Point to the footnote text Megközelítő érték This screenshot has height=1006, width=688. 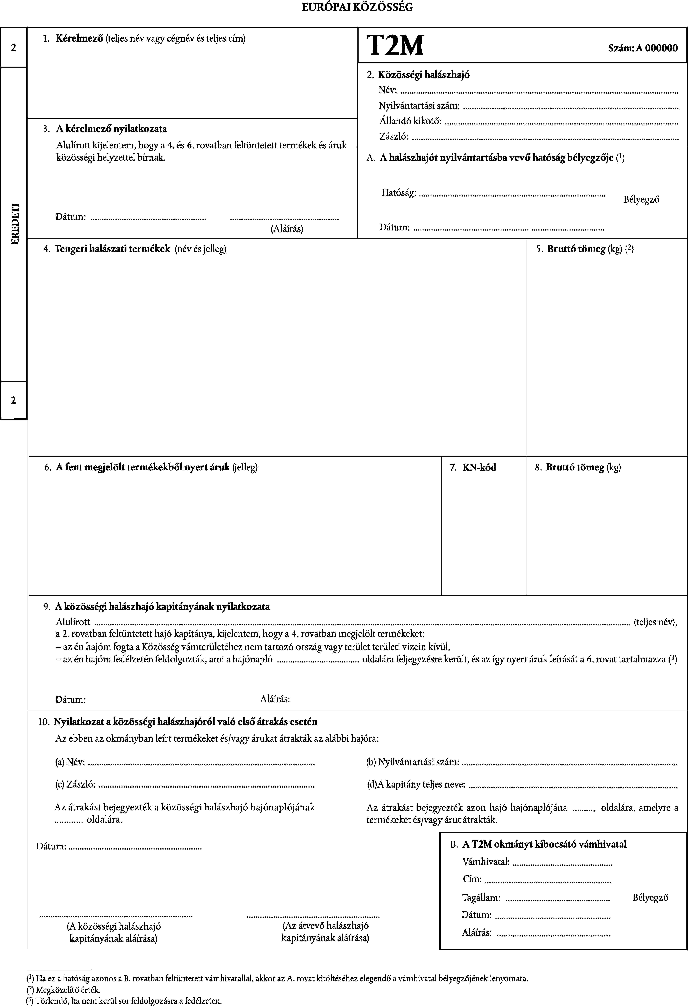click(68, 990)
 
